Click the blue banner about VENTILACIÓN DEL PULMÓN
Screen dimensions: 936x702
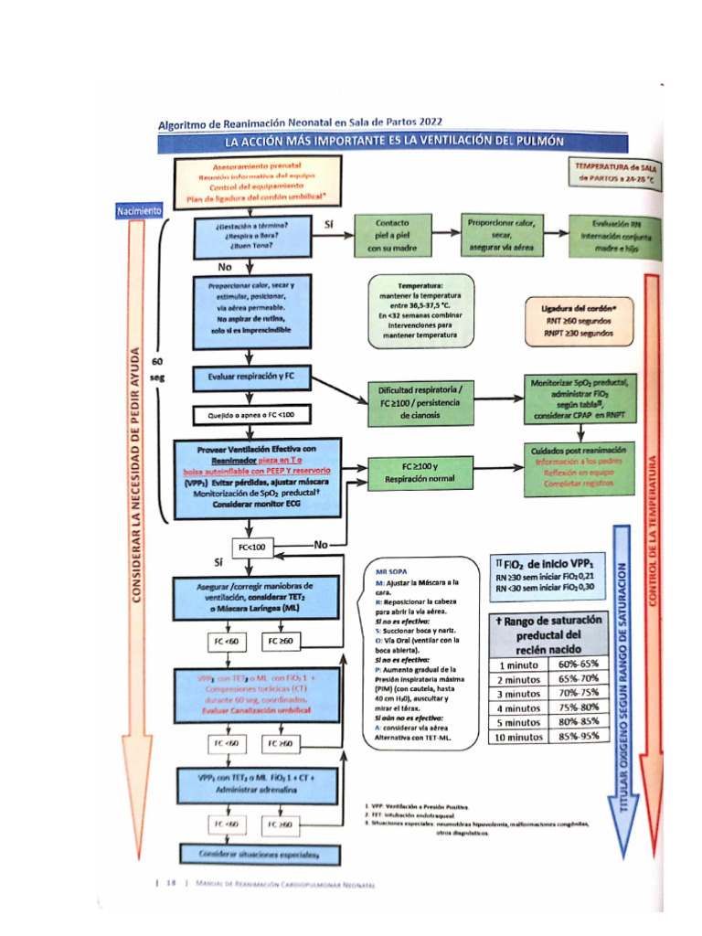point(394,141)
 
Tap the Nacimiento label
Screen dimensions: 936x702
point(139,211)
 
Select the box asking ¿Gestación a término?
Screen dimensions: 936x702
point(253,235)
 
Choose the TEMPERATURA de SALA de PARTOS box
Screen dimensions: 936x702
point(616,175)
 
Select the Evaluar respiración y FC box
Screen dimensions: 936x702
point(253,376)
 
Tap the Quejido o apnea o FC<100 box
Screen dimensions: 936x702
point(253,416)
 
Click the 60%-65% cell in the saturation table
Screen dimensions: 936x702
point(577,664)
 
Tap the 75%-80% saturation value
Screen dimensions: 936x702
point(577,707)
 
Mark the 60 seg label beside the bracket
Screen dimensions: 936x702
point(156,369)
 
